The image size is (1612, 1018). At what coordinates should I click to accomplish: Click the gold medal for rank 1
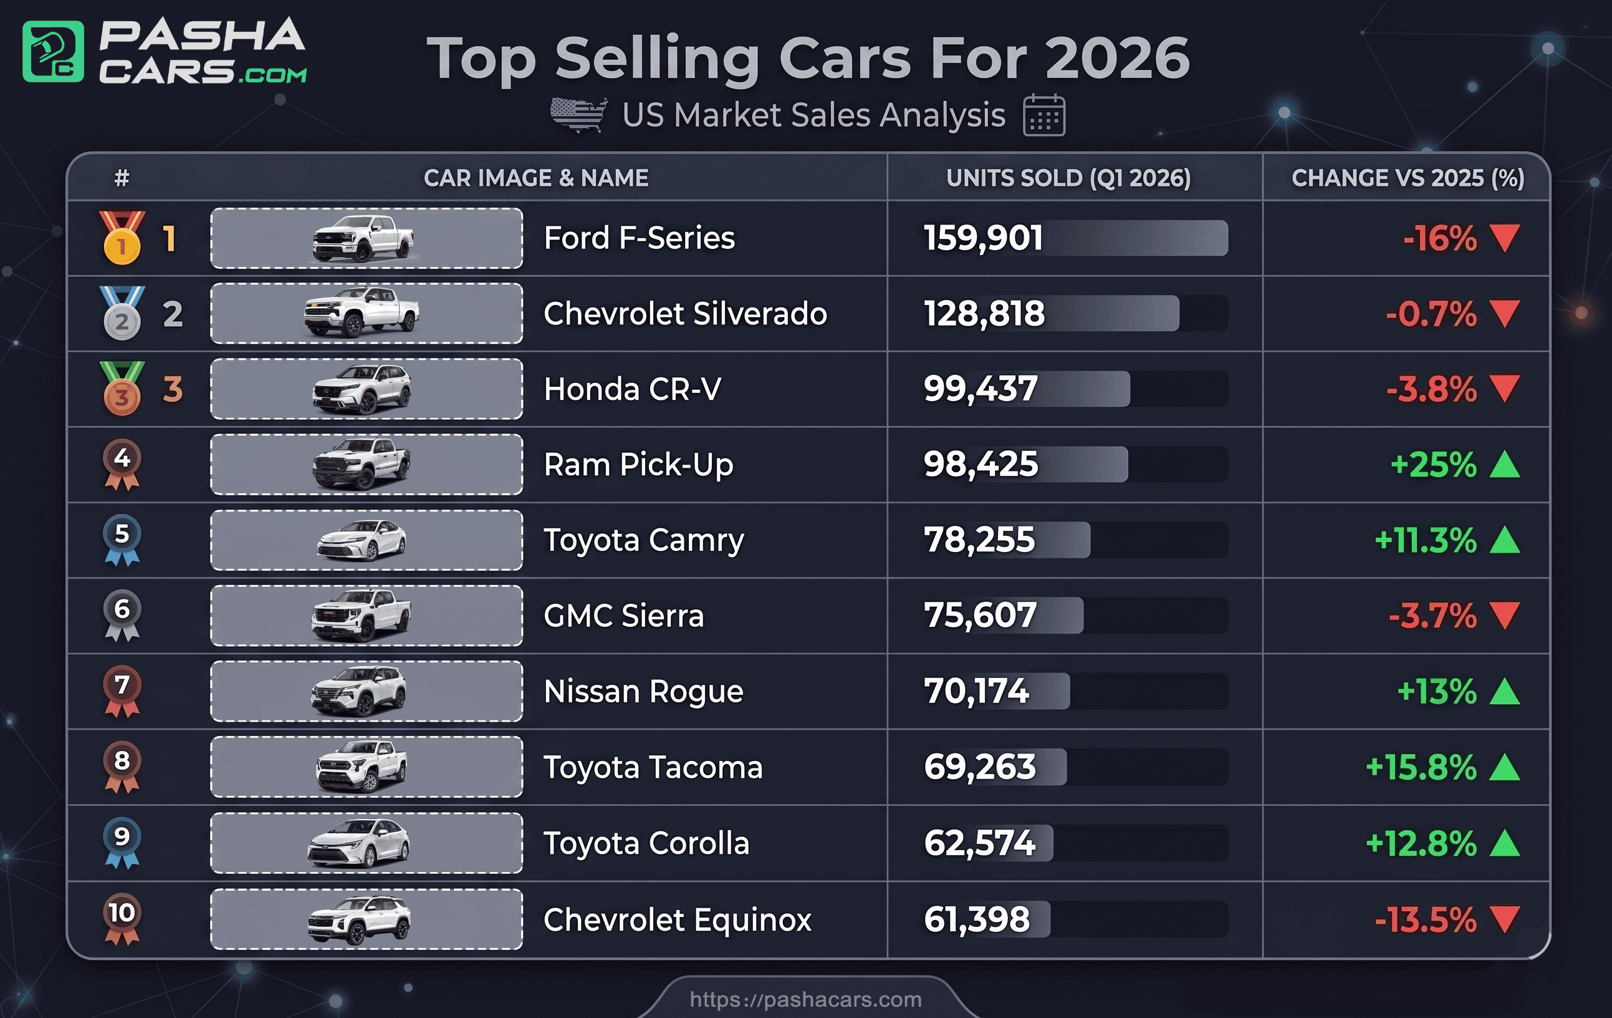click(121, 239)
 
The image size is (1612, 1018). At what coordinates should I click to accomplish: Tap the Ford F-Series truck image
click(363, 238)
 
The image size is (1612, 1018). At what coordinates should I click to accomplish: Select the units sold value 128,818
click(984, 313)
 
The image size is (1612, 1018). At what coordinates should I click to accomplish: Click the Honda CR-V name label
click(632, 389)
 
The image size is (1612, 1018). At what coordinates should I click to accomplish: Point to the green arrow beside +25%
click(1505, 464)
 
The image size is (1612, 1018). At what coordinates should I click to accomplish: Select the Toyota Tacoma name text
click(653, 767)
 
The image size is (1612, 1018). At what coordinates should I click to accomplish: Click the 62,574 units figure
click(979, 843)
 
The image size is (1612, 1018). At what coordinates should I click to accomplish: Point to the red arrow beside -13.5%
click(1505, 919)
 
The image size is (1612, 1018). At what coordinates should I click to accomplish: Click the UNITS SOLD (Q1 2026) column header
click(1068, 178)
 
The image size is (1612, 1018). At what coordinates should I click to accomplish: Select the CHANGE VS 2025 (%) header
click(1407, 178)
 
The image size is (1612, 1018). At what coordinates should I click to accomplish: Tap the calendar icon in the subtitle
click(1043, 116)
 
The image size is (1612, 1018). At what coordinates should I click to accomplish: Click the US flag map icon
click(578, 115)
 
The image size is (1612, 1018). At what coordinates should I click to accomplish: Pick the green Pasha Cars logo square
click(54, 52)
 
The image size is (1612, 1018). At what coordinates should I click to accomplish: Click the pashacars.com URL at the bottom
click(805, 999)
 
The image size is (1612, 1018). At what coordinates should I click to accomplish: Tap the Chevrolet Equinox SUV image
click(360, 919)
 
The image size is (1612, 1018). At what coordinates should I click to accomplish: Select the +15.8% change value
click(1421, 767)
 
